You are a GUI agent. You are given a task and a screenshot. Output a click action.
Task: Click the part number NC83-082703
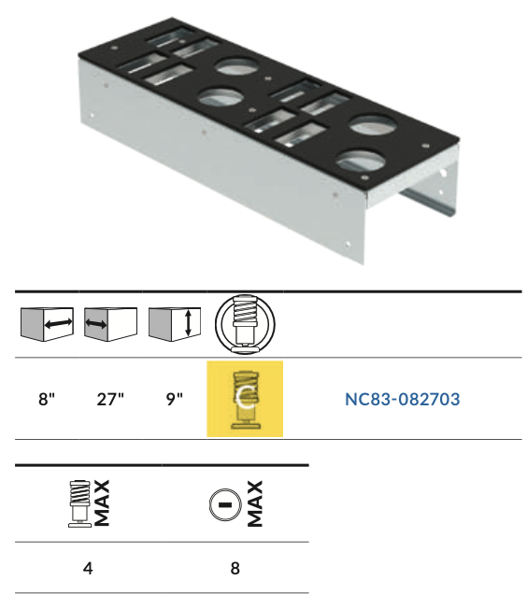point(403,400)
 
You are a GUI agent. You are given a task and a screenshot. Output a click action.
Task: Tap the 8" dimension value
point(47,400)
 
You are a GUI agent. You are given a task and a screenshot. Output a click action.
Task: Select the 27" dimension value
point(110,400)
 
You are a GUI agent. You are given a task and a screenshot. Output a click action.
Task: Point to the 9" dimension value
point(175,400)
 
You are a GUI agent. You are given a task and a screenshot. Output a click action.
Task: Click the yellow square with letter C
point(245,399)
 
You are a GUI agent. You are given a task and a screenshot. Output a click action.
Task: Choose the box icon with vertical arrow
point(175,324)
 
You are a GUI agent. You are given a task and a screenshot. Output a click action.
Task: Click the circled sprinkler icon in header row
point(245,324)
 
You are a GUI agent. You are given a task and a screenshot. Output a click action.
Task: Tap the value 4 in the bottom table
point(88,568)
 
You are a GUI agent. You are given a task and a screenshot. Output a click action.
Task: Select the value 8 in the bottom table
point(235,568)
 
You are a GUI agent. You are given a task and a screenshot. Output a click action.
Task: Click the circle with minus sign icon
point(225,505)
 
